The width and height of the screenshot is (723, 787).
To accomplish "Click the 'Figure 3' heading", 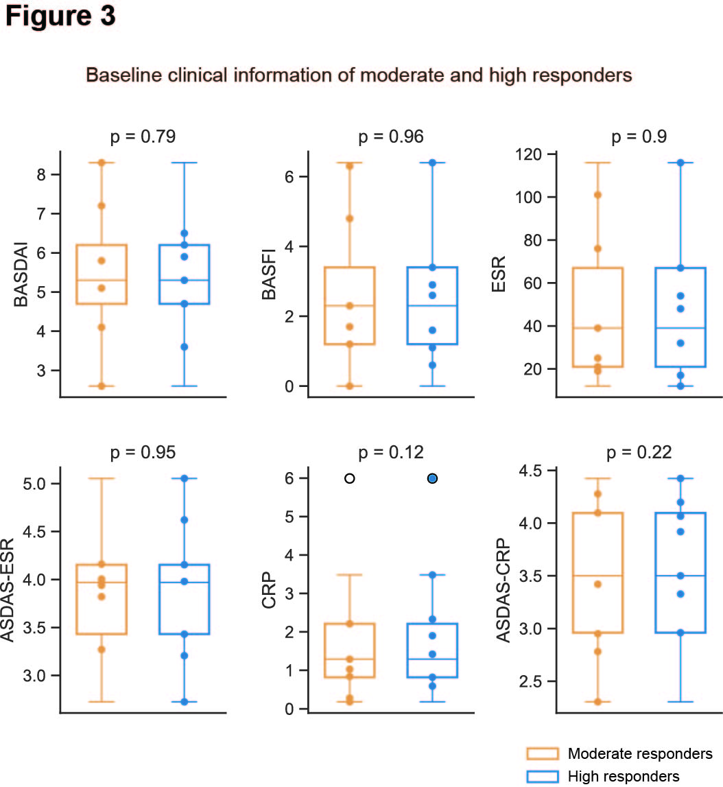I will coord(60,17).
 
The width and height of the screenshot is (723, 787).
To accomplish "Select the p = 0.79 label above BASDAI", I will coord(143,137).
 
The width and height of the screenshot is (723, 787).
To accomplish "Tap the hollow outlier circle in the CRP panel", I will coord(349,478).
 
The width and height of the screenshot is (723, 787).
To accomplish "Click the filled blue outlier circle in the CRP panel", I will coord(432,478).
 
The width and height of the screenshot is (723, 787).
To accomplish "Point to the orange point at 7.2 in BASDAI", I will coord(102,206).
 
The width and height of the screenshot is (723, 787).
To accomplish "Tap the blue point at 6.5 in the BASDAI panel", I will coord(185,233).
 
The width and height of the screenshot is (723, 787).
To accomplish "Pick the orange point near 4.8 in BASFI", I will coord(349,218).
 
